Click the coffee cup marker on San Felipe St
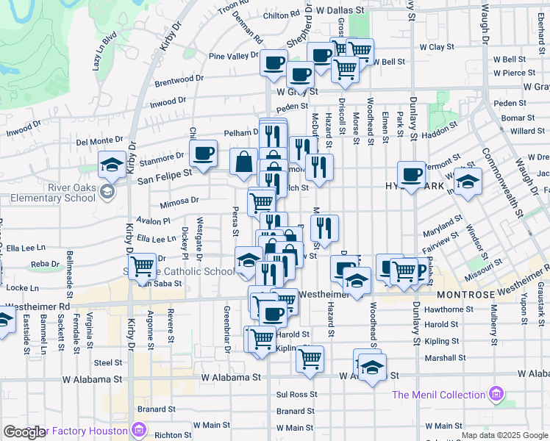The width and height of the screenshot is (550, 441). point(203,153)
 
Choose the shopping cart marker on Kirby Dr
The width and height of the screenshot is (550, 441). point(142,265)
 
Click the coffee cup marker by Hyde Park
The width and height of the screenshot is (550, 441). point(412,174)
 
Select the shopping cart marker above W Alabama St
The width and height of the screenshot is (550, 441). point(310,359)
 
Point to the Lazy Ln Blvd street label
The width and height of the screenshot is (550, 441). point(105,51)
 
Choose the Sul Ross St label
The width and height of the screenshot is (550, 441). point(296,394)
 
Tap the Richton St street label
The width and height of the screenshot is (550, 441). point(174,435)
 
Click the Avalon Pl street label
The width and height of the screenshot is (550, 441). point(152,220)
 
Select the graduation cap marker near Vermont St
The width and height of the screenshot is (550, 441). point(466,182)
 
